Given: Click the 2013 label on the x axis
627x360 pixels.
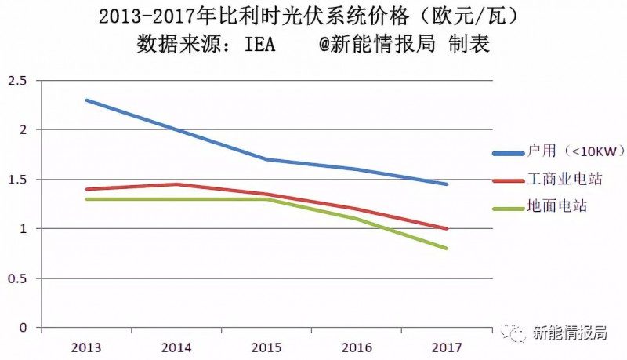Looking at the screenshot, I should [86, 346].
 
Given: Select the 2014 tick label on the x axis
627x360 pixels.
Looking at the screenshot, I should [176, 346].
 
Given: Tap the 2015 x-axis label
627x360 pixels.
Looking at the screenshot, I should [266, 346].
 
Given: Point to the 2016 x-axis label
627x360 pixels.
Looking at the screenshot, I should [357, 346].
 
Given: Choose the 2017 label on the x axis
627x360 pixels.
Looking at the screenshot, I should [447, 346].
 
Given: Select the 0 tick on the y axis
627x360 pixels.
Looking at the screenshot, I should [23, 328].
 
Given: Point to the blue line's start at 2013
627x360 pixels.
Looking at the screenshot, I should [86, 100].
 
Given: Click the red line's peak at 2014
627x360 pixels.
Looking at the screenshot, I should [176, 184].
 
